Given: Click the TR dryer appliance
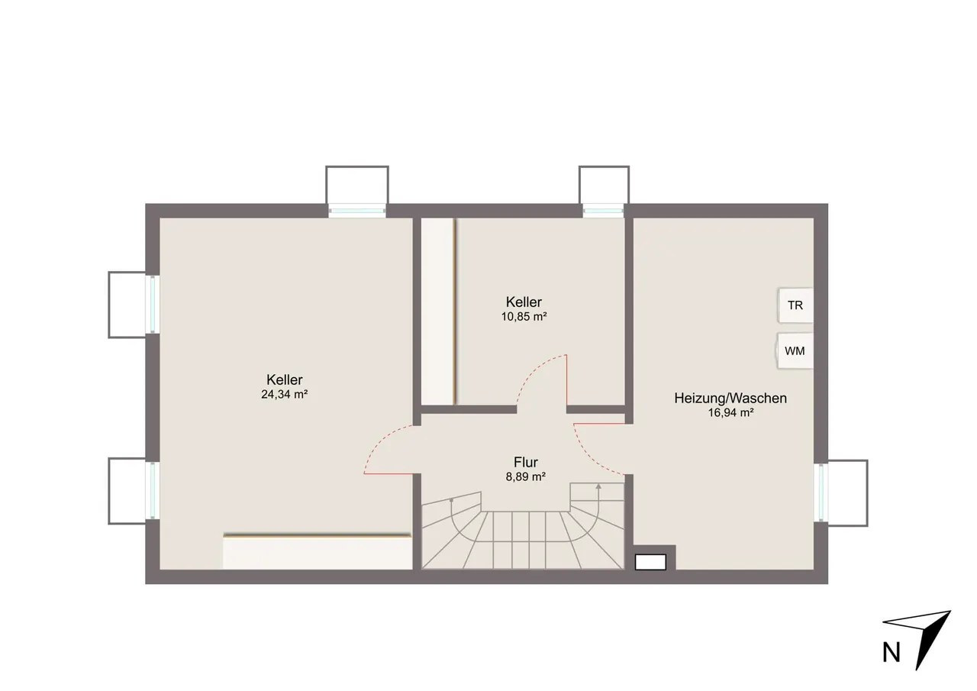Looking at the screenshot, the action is [795, 305].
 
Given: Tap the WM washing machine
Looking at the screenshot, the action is [795, 350].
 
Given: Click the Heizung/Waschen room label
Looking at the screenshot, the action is [730, 399].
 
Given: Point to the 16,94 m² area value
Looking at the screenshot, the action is [731, 412].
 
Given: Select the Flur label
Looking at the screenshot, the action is [526, 462].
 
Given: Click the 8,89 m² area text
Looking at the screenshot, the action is [526, 476].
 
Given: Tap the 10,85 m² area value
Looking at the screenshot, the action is [524, 317].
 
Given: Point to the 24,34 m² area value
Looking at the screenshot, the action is [285, 394].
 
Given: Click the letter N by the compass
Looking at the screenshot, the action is [891, 654].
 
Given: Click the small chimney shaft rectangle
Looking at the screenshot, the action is [650, 562].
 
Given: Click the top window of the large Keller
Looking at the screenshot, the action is [357, 211].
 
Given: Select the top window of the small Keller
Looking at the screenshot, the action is [604, 211].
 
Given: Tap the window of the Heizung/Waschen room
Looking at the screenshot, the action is [821, 492].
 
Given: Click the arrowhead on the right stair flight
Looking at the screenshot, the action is [599, 486].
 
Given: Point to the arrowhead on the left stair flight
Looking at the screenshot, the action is [451, 501].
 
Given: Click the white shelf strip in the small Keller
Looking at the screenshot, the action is [438, 312].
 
